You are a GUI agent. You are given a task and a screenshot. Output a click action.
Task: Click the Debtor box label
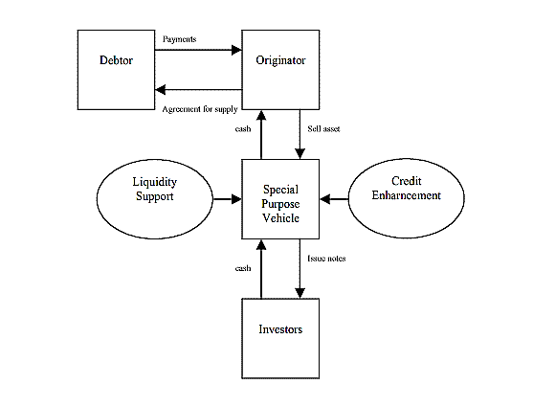pos(116,60)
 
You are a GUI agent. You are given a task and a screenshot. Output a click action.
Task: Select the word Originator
pos(280,60)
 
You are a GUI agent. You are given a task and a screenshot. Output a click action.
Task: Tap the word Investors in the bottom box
pos(280,329)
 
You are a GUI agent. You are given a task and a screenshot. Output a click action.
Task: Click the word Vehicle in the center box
pos(280,218)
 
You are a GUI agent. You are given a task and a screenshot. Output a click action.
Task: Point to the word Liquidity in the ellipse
pos(155,182)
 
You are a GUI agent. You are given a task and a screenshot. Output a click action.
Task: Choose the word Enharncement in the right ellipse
pos(407,195)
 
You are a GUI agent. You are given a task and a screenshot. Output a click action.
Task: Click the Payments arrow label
pos(180,39)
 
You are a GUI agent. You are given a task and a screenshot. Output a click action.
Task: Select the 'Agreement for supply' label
pos(200,109)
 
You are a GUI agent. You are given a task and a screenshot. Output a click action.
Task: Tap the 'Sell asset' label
pos(323,129)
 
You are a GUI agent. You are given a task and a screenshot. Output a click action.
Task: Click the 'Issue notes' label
pos(326,259)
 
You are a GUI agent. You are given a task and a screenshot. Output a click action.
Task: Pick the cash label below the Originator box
pos(243,129)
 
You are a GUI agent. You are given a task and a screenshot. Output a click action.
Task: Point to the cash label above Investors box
pos(243,268)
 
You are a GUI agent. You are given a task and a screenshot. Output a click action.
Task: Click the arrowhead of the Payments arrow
pos(236,50)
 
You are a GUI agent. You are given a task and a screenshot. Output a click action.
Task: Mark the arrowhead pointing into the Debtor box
pos(161,90)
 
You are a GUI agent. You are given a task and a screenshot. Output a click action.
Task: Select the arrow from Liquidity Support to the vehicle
pos(227,199)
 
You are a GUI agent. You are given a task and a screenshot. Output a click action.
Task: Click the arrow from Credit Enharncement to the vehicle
pos(334,199)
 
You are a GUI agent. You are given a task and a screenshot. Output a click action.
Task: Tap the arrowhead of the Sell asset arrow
pos(300,154)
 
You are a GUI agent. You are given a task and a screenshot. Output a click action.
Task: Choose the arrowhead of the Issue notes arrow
pos(300,293)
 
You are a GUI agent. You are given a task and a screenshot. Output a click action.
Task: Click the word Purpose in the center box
pos(280,204)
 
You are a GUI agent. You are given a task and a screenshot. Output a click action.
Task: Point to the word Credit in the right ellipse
pos(407,181)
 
